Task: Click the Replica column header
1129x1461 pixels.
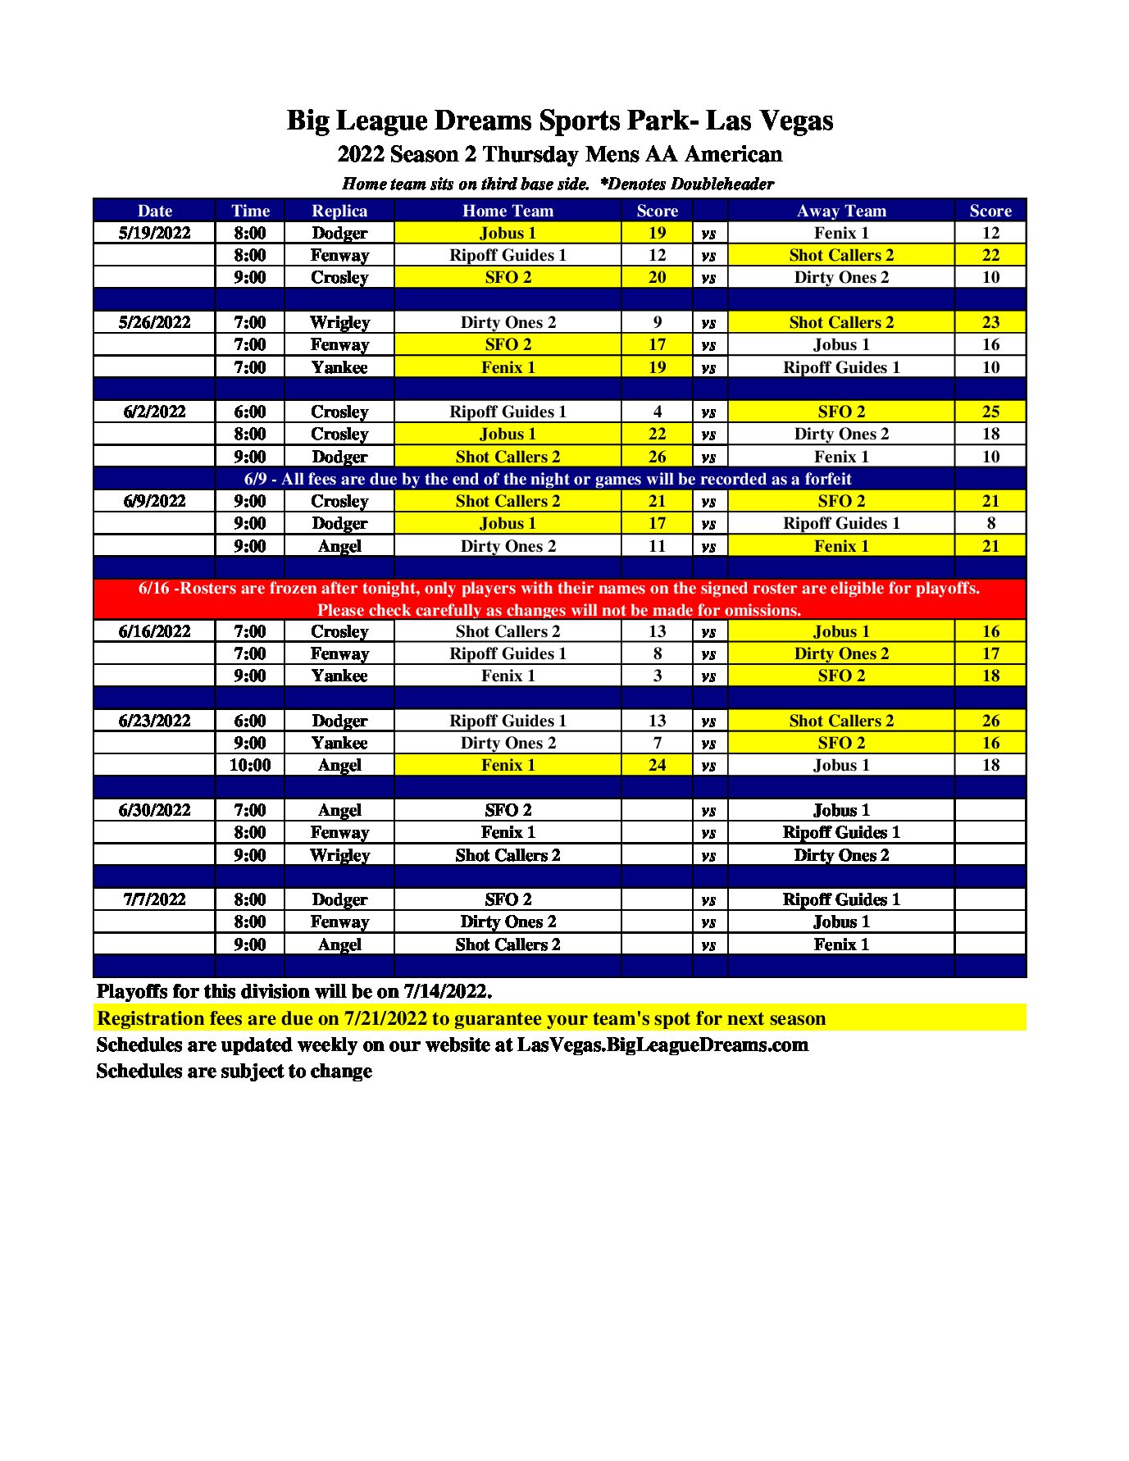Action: coord(339,211)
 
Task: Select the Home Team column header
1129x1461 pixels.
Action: coord(508,211)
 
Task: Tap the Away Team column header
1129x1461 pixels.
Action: coord(841,211)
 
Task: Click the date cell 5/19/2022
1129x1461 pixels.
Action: coord(154,233)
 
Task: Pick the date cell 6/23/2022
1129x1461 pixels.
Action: coord(154,721)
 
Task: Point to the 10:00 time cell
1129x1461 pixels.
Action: coord(250,765)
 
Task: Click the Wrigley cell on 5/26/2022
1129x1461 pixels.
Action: coord(339,322)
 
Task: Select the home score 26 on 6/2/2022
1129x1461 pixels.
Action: coord(657,457)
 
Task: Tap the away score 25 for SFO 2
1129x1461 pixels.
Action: coord(990,412)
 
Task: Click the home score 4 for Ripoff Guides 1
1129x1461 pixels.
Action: coord(657,412)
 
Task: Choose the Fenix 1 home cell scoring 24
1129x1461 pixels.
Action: coord(508,765)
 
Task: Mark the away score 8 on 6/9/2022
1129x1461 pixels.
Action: coord(990,523)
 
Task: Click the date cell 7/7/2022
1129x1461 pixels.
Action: coord(154,899)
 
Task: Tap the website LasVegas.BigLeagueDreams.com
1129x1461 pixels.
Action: coord(662,1045)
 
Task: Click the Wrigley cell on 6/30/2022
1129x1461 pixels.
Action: coord(339,855)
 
